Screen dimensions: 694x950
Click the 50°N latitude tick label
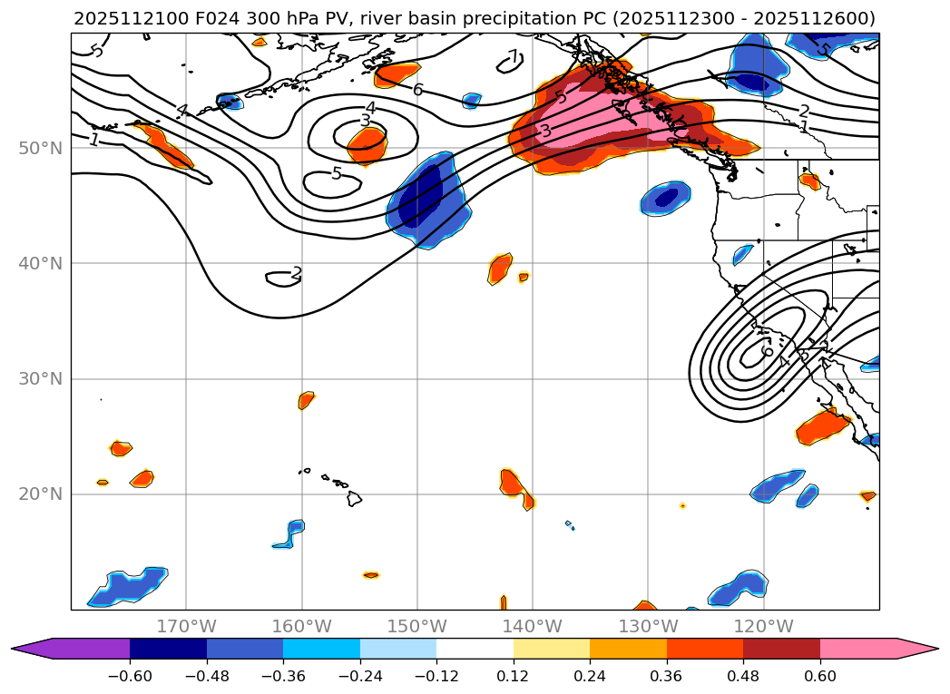[40, 148]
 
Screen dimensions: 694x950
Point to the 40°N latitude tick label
[40, 263]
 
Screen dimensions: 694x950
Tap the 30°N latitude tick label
[40, 378]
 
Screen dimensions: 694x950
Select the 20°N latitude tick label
[40, 494]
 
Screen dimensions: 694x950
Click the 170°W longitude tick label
[186, 626]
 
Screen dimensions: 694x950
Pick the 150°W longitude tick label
[417, 626]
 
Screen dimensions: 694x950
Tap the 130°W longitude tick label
[648, 626]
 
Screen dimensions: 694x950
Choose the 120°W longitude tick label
[763, 626]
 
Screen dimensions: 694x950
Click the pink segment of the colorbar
[857, 649]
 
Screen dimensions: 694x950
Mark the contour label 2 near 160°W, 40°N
[296, 273]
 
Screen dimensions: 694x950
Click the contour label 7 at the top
[513, 57]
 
